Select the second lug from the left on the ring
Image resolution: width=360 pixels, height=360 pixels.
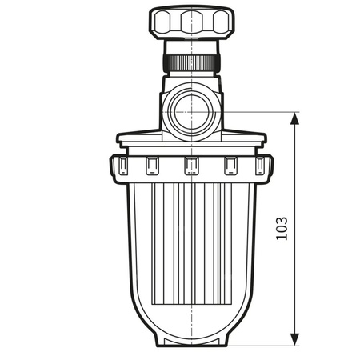click(x=151, y=166)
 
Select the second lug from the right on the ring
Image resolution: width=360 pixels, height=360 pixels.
click(x=230, y=166)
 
